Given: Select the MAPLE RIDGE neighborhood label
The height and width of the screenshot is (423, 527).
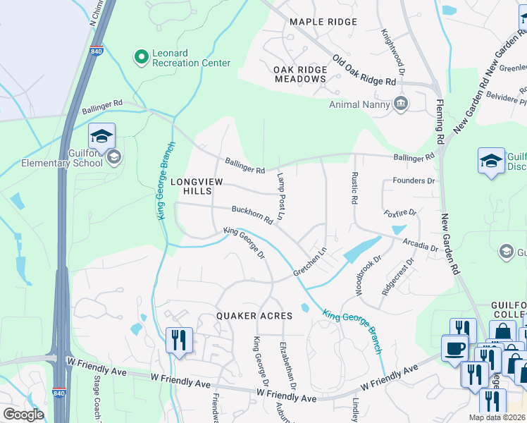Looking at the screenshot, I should tap(323, 22).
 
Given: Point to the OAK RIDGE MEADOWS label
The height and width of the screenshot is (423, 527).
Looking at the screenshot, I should tap(299, 74).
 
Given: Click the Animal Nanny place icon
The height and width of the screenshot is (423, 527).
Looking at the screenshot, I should tap(401, 104).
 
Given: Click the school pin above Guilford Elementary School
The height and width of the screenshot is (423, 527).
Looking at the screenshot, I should tap(101, 136).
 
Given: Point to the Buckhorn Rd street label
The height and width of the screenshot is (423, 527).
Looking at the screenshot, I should tap(252, 214).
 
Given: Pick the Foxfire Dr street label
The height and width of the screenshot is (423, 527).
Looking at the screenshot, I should tap(400, 212).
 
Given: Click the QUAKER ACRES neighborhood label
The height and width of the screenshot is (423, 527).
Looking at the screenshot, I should tap(254, 316).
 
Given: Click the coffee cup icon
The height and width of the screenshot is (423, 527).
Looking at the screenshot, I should tap(454, 348).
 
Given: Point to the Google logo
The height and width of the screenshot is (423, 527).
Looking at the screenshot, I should tap(23, 415).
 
